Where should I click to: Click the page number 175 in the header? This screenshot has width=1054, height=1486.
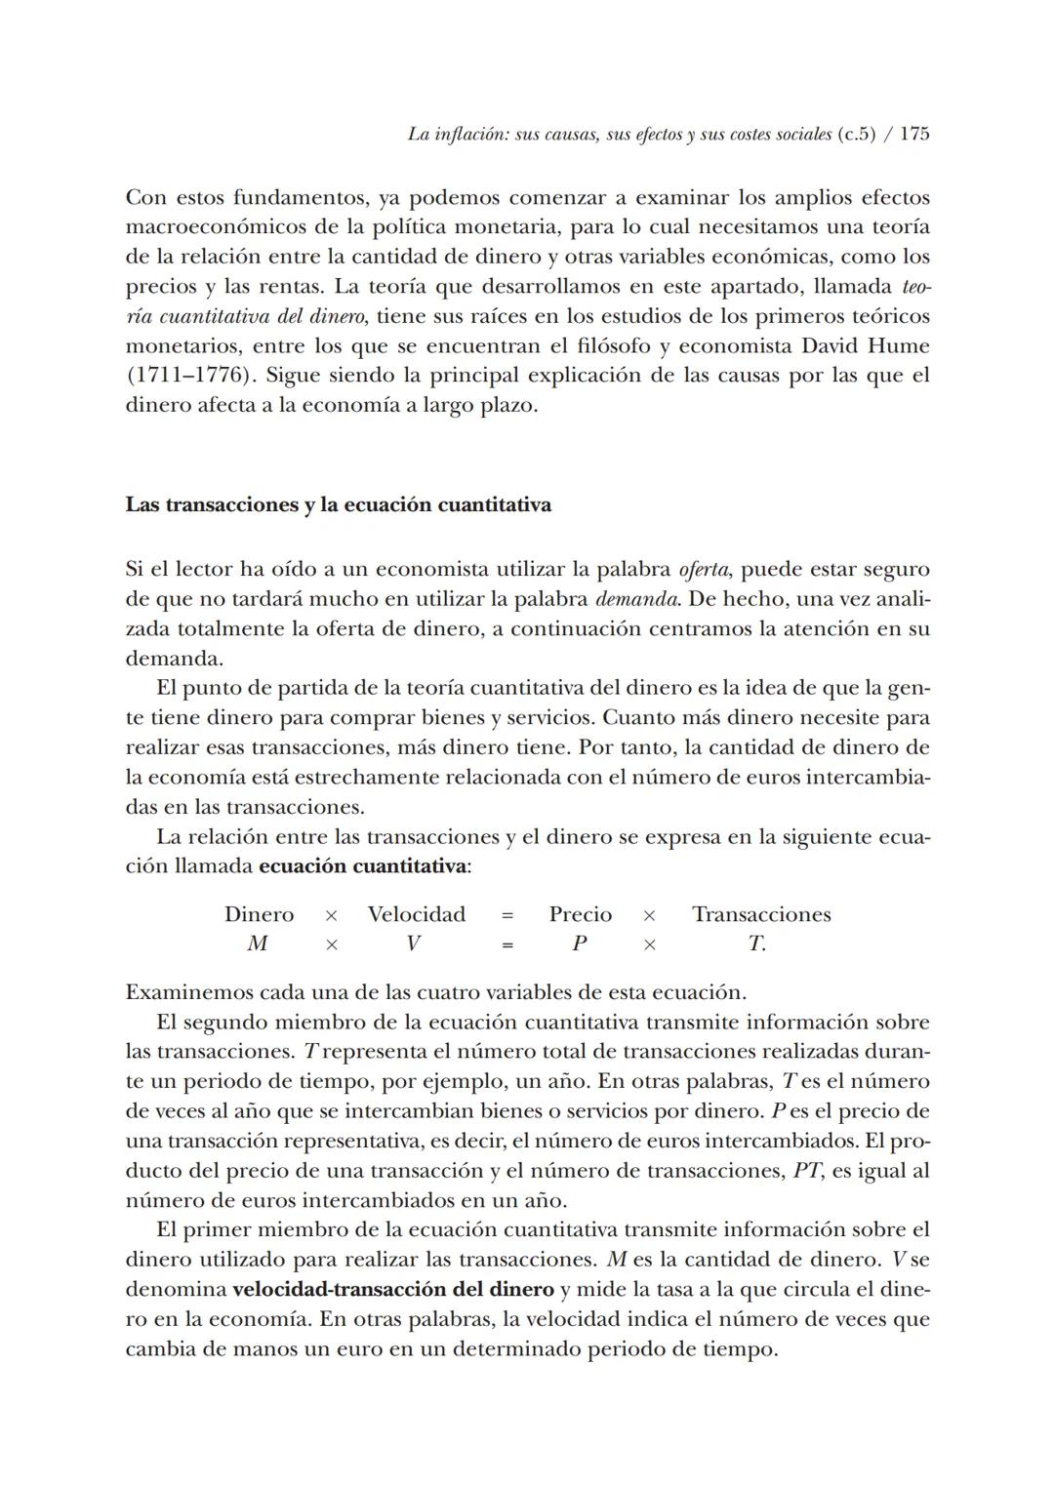913,135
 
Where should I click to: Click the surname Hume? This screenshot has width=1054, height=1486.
903,345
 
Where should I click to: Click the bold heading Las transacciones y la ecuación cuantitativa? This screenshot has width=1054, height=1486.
338,505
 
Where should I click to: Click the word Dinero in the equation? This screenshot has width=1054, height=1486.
259,914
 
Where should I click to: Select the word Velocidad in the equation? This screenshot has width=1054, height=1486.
417,914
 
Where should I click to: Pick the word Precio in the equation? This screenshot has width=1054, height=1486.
581,914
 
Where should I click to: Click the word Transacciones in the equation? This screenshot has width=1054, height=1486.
761,914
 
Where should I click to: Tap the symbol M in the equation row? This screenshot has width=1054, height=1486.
258,944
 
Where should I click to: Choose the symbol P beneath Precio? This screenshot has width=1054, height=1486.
579,944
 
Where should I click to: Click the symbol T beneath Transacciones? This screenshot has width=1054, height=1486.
754,944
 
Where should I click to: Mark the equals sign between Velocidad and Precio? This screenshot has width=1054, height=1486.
507,915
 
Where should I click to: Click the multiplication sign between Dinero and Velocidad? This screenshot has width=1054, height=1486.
331,915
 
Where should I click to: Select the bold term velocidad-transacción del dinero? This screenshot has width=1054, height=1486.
393,1290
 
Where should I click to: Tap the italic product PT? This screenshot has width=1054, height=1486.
806,1171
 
